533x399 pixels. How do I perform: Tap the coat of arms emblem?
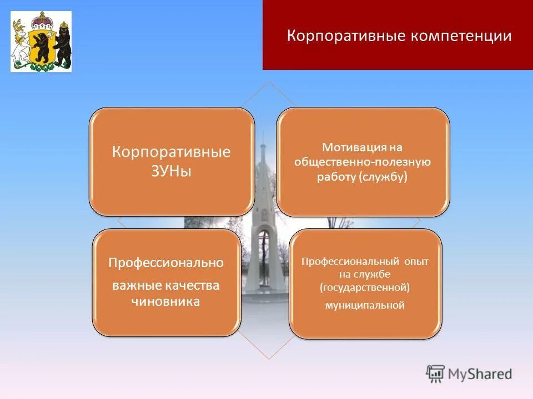(x=41, y=42)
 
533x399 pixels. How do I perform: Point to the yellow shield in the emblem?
(x=41, y=47)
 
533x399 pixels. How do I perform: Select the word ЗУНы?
(x=171, y=171)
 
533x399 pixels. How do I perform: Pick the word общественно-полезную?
(x=363, y=162)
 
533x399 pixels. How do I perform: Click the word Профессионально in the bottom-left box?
(x=166, y=263)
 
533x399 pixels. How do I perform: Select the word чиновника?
(x=166, y=302)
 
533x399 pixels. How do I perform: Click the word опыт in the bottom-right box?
(x=415, y=260)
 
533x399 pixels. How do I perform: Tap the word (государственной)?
(x=365, y=287)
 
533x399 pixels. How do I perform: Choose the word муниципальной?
(x=365, y=305)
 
